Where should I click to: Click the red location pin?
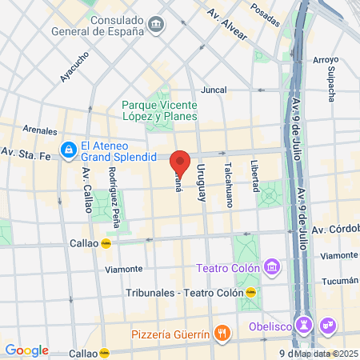[181, 163]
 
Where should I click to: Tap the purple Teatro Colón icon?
[271, 266]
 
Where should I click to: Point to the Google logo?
[26, 350]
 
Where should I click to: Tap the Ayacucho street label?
[74, 67]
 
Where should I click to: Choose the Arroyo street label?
[326, 59]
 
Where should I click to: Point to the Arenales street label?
[40, 130]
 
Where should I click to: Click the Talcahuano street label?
[228, 185]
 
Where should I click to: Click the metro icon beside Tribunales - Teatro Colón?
[251, 292]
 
